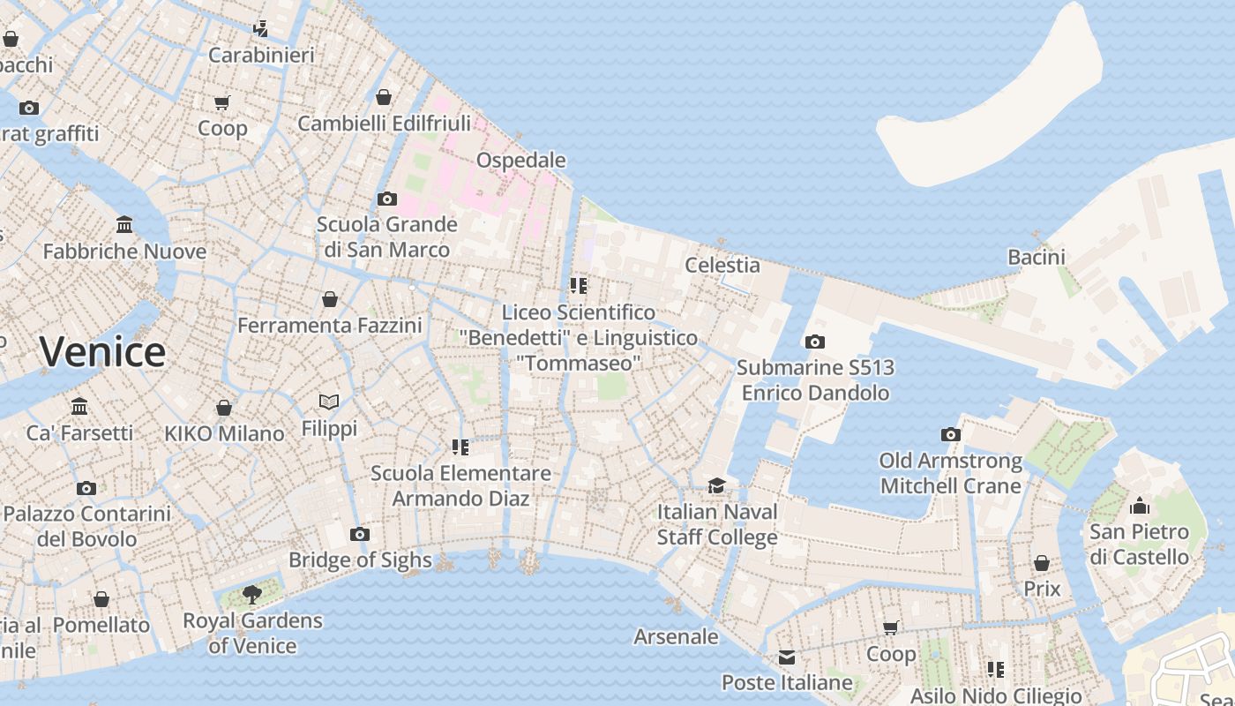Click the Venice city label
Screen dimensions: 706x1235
click(x=102, y=351)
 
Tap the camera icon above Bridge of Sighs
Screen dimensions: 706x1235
click(x=359, y=534)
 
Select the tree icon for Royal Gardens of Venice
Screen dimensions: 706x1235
click(x=251, y=594)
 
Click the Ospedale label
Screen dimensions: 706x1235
click(x=520, y=160)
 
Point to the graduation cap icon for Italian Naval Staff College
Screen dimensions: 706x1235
click(x=716, y=485)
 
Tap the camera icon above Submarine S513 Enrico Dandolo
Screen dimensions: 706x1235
click(x=815, y=342)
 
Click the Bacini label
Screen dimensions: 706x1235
click(x=1037, y=257)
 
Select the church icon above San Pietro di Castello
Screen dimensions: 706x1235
click(x=1139, y=506)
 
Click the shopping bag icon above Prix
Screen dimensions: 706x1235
click(x=1042, y=563)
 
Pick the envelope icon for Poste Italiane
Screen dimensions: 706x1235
click(x=787, y=657)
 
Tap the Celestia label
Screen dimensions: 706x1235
click(x=722, y=265)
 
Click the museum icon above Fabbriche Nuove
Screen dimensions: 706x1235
click(x=124, y=225)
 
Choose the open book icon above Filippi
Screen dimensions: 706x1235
click(x=329, y=402)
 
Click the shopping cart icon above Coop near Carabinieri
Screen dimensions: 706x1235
click(x=222, y=102)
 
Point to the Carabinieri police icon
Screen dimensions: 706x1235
click(x=260, y=29)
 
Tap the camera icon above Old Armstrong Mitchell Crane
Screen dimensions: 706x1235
click(x=950, y=434)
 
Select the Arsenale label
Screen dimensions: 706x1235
click(x=676, y=636)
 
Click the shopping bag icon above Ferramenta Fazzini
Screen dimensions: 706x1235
click(x=330, y=299)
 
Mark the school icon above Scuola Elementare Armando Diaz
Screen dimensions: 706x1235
click(x=460, y=447)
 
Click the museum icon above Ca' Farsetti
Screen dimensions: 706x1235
click(x=79, y=407)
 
